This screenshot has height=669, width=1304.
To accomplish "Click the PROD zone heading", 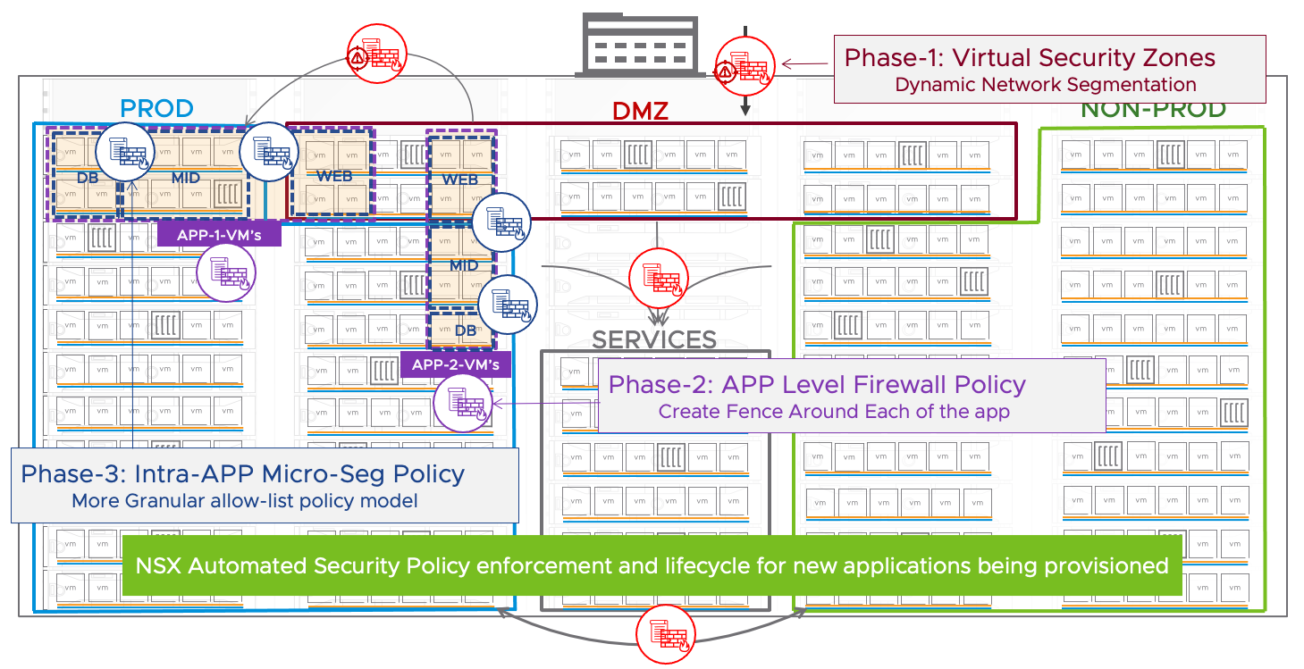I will [x=157, y=109].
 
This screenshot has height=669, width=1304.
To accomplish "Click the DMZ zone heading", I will [x=640, y=111].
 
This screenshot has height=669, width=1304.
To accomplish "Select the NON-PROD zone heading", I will [x=1153, y=109].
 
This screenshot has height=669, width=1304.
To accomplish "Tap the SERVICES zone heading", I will [x=655, y=339].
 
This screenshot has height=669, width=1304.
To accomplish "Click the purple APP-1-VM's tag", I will [x=219, y=235].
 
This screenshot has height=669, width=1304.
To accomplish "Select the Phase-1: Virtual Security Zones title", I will [x=1030, y=58].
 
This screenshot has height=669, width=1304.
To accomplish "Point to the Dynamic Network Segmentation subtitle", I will [x=1045, y=85].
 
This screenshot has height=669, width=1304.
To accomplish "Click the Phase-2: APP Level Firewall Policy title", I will [x=817, y=385].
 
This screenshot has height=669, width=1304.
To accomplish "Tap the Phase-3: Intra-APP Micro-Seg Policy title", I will [x=243, y=473].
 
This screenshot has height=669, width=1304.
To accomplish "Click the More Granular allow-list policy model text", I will [x=245, y=500].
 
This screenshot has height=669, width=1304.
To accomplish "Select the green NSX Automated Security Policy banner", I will [x=652, y=565].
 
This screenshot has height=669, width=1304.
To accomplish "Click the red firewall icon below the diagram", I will [x=666, y=633].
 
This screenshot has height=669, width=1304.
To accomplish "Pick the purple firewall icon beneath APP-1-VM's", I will [x=226, y=272].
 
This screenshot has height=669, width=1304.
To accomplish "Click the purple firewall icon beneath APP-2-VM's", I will [x=463, y=402].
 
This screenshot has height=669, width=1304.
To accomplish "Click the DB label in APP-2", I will [x=466, y=330].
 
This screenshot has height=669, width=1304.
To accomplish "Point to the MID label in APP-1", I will [x=185, y=179].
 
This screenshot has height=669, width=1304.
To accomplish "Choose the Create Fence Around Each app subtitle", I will [x=834, y=412].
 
